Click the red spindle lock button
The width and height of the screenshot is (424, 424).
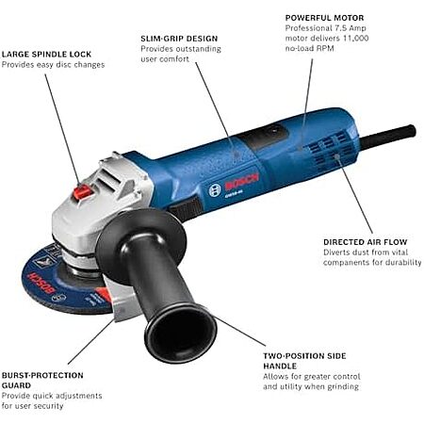click(x=82, y=192)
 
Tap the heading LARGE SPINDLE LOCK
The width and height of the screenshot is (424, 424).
click(x=46, y=55)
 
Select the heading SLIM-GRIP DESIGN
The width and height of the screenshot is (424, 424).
click(x=179, y=39)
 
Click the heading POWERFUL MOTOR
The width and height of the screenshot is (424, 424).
click(x=324, y=18)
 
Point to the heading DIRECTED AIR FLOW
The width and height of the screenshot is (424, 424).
click(x=366, y=242)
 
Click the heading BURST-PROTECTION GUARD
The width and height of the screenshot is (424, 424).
click(x=42, y=381)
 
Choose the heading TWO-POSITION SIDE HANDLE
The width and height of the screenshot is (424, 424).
click(x=304, y=361)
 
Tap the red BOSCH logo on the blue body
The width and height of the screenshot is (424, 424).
click(x=241, y=182)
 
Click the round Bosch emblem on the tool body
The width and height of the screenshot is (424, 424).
click(x=215, y=190)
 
